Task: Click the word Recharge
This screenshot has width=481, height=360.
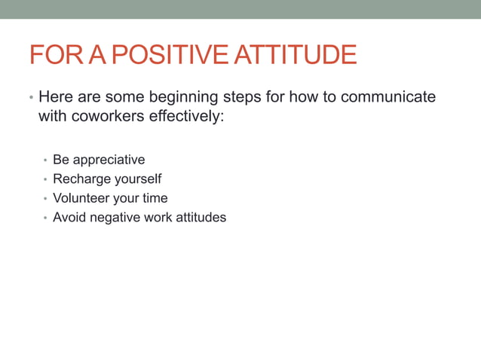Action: click(79, 179)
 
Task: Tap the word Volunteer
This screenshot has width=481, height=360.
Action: click(81, 199)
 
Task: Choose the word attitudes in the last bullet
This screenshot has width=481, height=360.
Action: click(198, 218)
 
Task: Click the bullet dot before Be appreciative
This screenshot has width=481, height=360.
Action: click(45, 161)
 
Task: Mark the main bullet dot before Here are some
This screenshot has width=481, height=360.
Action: click(31, 99)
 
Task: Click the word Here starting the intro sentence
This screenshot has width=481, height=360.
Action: click(54, 98)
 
